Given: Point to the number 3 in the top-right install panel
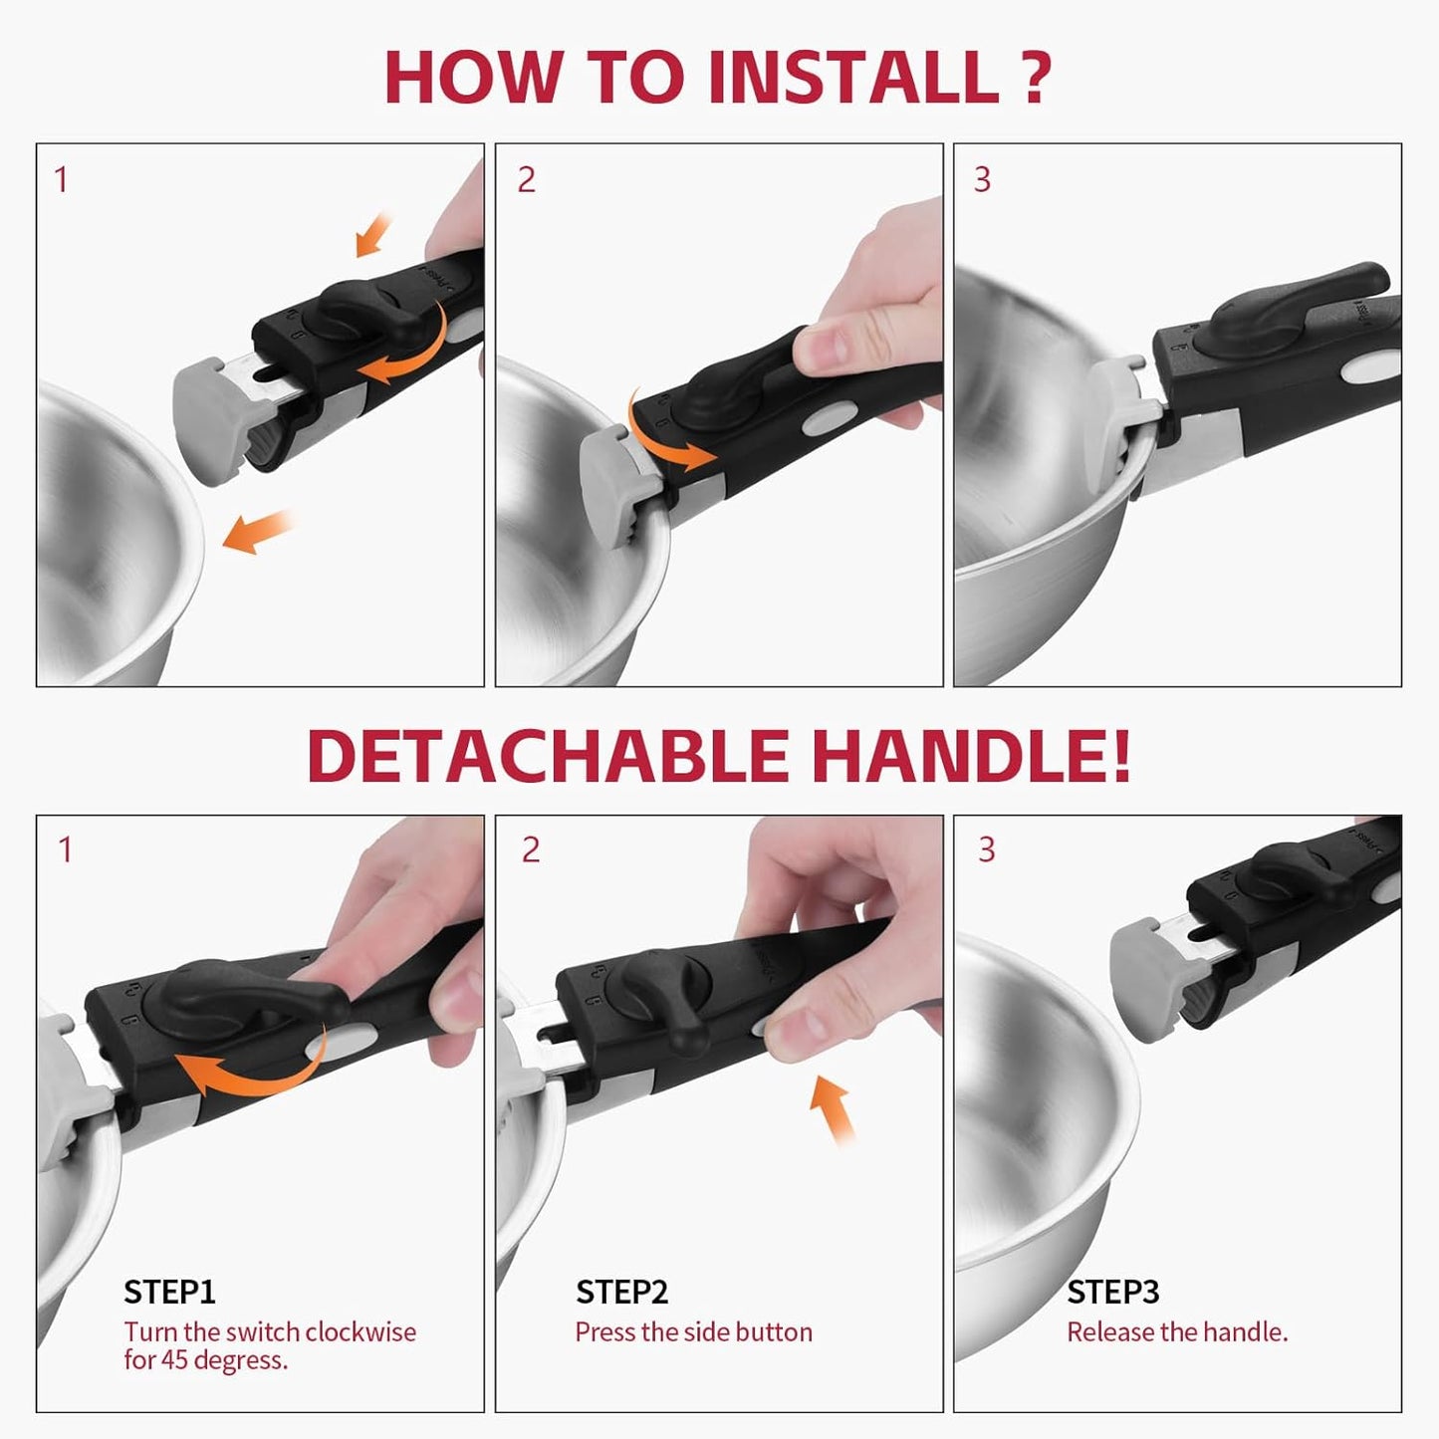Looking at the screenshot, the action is point(982,180).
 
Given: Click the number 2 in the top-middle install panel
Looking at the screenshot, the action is point(527,180).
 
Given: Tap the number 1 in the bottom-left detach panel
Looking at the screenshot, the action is point(65,849).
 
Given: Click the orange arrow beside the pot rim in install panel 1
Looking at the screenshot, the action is point(258,532).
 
